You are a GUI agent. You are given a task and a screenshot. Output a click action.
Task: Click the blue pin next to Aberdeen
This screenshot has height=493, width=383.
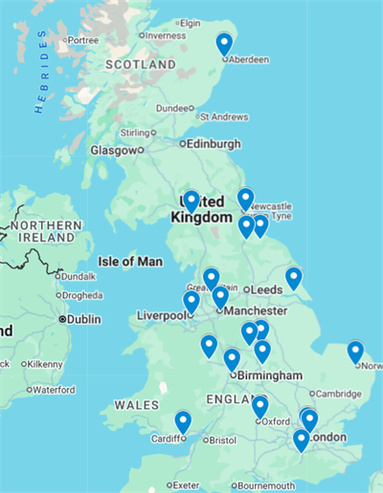224,43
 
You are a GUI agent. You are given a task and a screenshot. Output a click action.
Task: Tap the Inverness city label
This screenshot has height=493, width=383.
166,35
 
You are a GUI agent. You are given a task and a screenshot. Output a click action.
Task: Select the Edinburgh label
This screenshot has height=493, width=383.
214,144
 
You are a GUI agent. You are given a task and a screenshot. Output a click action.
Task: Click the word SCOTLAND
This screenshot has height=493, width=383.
140,64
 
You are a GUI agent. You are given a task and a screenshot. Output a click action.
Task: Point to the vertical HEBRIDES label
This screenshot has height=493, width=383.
41,72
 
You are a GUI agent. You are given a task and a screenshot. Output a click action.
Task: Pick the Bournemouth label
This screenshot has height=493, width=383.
267,485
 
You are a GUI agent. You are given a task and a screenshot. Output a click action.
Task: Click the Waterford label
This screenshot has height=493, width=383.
53,390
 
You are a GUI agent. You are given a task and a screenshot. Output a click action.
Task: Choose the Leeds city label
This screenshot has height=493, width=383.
264,289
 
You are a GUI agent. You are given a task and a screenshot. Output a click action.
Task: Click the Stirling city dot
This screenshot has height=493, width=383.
155,133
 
